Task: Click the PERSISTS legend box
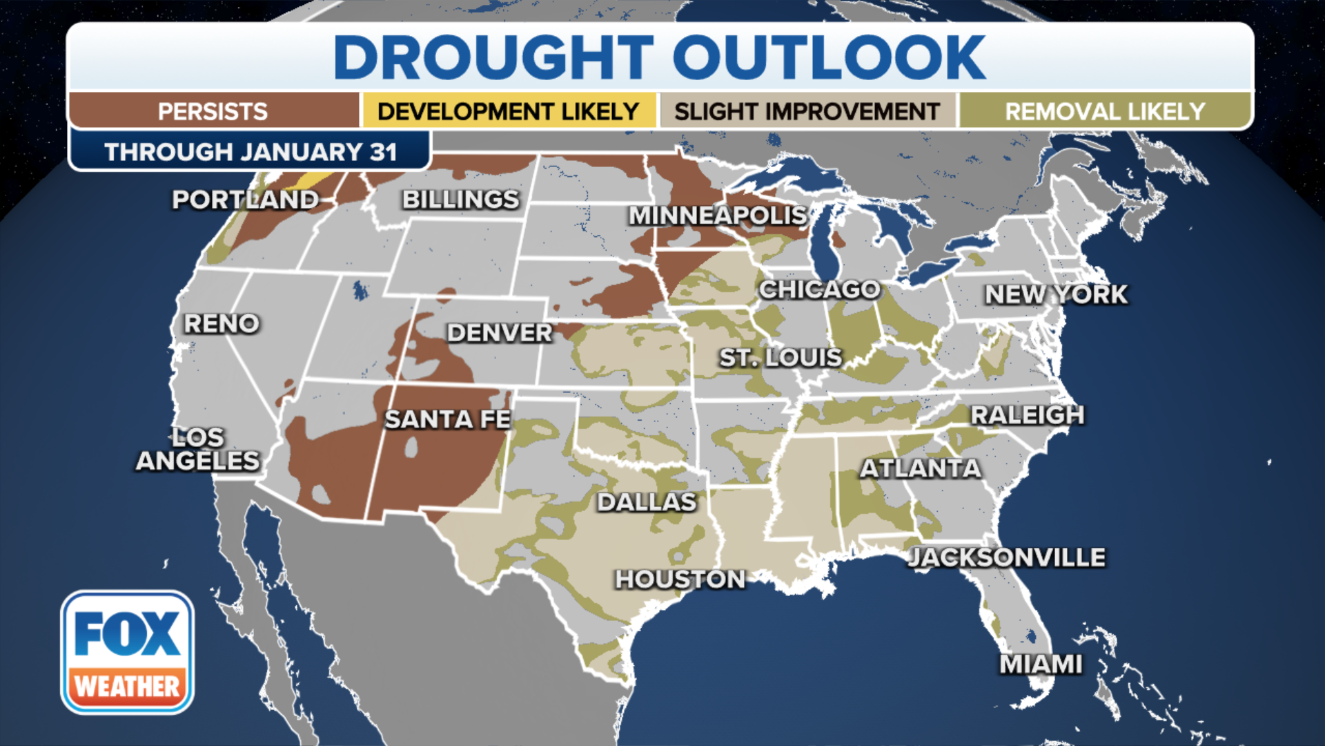pos(213,111)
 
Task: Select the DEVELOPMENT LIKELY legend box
pos(509,111)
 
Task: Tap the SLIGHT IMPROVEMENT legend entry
pos(807,111)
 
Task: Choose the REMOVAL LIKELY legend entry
pos(1105,111)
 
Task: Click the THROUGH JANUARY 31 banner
pos(251,151)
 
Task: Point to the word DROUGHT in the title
pos(493,57)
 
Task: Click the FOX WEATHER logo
pos(128,652)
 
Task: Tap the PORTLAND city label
pos(246,200)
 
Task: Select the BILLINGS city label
pos(460,200)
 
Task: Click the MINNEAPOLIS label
pos(718,216)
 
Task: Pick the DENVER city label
pos(500,333)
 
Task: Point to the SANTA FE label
pos(447,419)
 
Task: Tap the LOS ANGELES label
pos(198,449)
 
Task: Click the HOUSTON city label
pos(680,579)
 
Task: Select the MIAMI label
pos(1041,664)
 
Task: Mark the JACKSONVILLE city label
pos(1007,557)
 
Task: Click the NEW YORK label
pos(1056,294)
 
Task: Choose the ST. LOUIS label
pos(781,358)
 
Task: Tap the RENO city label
pos(222,323)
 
